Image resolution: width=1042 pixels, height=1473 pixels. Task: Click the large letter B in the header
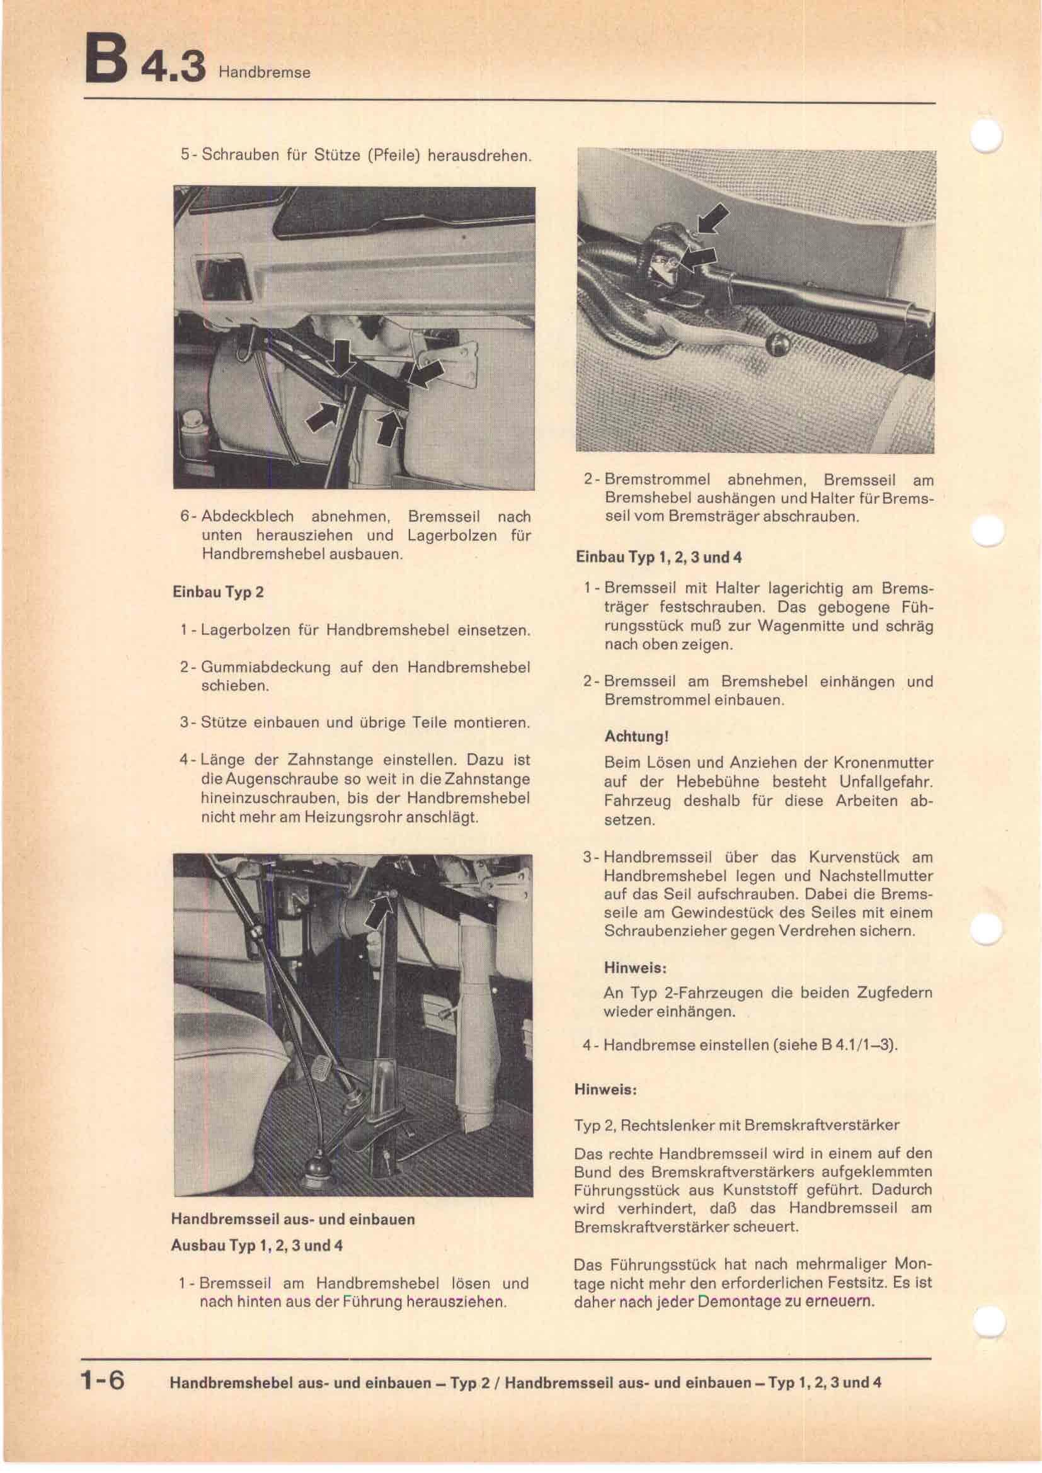[105, 61]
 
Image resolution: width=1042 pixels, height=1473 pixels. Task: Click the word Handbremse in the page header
[265, 72]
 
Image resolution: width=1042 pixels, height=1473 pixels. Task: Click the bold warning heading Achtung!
[636, 737]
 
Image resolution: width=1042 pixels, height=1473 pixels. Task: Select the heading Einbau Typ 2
[217, 591]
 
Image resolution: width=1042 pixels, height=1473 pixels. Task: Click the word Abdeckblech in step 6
[247, 516]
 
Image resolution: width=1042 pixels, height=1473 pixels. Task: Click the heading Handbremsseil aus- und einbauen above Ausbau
[292, 1219]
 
